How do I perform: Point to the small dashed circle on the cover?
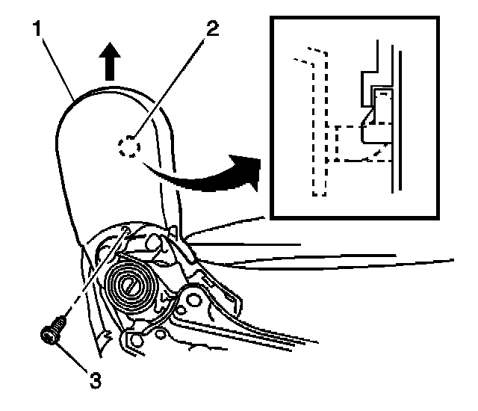point(127,146)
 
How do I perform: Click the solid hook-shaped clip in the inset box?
point(373,120)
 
